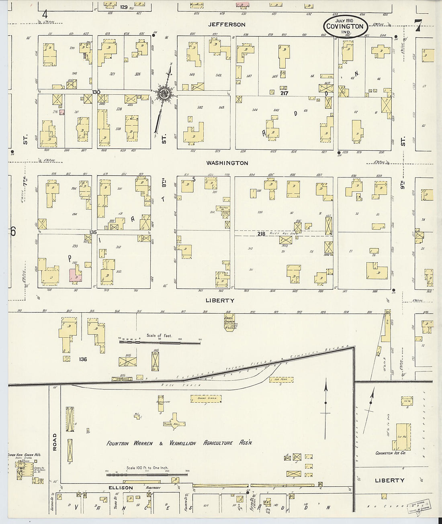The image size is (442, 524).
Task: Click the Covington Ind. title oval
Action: click(x=345, y=27)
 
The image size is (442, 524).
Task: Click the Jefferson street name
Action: click(x=227, y=24)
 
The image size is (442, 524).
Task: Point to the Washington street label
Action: click(x=227, y=163)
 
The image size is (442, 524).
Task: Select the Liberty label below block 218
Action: click(x=220, y=300)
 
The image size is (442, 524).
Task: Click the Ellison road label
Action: click(x=121, y=487)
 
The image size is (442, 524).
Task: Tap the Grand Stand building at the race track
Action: click(x=207, y=398)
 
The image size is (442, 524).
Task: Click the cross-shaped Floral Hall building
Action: click(x=174, y=422)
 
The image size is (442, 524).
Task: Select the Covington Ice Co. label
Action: click(x=390, y=453)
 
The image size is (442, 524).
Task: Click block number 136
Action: click(x=83, y=359)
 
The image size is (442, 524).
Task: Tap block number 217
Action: click(x=284, y=93)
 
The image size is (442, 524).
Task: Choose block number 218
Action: click(x=261, y=234)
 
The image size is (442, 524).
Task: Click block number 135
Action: click(x=93, y=232)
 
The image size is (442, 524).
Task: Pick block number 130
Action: click(x=96, y=92)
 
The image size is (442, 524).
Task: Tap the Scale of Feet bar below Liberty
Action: click(x=160, y=342)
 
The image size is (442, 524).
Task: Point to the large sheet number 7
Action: click(x=418, y=26)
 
